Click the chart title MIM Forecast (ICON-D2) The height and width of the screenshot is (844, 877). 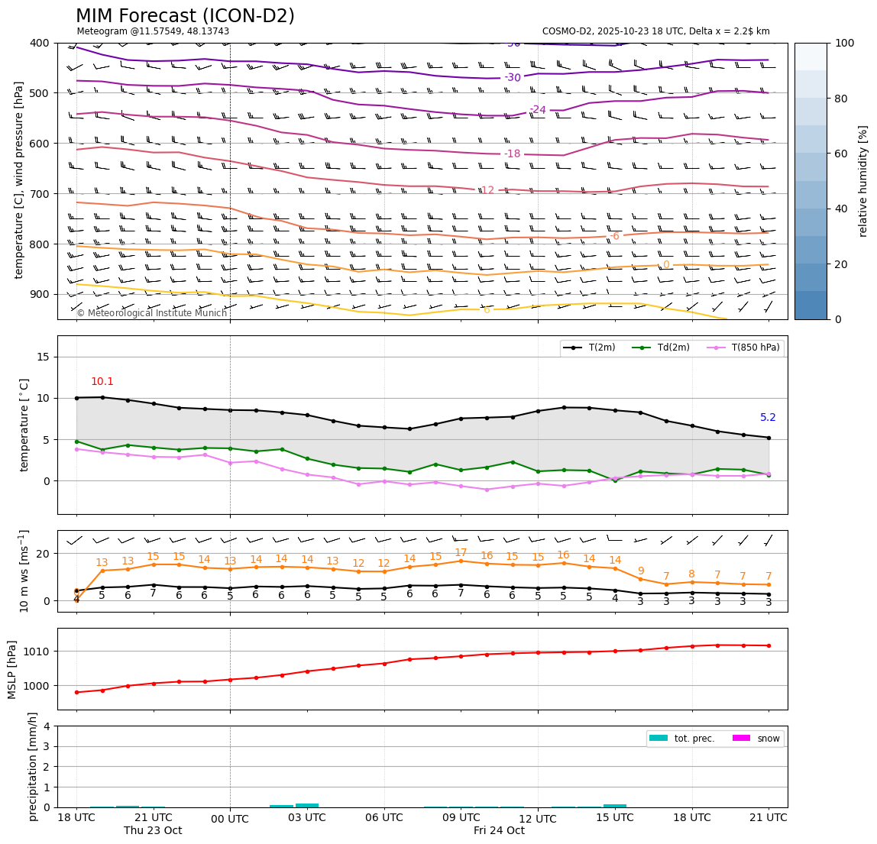[185, 16]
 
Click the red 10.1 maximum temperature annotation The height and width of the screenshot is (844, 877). [102, 382]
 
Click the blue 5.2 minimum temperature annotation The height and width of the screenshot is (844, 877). [768, 418]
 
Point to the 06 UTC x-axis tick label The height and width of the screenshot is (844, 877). [384, 817]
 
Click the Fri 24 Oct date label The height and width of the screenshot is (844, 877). [499, 831]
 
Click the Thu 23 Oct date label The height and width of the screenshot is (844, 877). [153, 831]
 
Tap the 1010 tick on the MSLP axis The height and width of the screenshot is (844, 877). [40, 652]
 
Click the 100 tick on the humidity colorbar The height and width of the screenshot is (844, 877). [844, 43]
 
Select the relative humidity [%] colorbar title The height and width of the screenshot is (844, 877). [863, 181]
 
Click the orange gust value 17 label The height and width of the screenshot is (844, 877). [461, 553]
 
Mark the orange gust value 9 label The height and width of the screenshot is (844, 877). [641, 571]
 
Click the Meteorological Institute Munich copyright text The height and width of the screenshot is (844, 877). [152, 313]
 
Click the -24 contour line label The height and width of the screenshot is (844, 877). [538, 110]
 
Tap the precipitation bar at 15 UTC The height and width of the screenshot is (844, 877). [615, 805]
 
